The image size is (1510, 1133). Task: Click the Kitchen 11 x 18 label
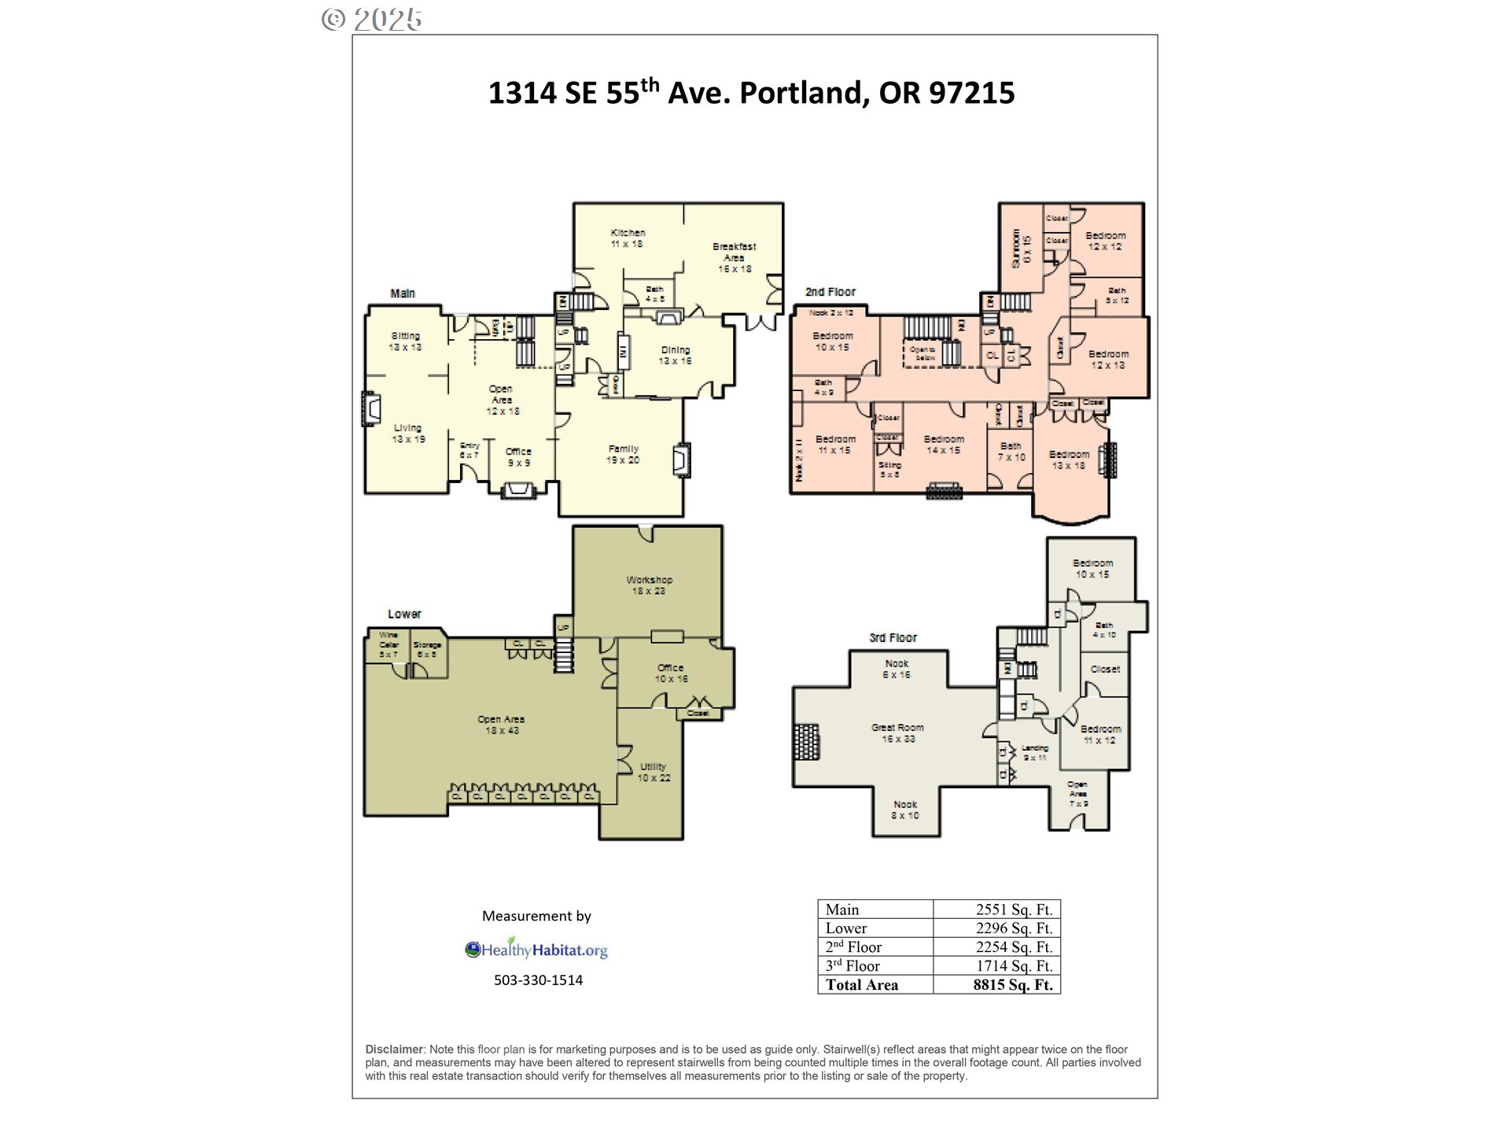coord(628,238)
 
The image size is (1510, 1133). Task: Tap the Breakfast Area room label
coord(734,257)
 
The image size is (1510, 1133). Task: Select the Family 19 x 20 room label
coord(623,454)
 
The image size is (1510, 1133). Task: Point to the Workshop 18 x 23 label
coord(649,585)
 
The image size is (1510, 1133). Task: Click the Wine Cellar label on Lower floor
coord(389,644)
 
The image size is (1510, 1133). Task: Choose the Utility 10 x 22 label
coord(654,772)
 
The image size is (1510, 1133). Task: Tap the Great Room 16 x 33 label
coord(897,733)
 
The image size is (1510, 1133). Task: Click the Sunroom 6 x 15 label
coord(1021,248)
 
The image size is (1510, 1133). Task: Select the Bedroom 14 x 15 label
coord(944,445)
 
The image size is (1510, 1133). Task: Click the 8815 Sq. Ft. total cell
coord(1012,985)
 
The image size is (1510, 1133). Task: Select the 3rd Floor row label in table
coord(853,966)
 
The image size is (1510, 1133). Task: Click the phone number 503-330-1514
coord(538,980)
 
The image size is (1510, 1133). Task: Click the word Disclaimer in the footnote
coord(394,1050)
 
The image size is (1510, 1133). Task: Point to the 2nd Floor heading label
coord(830,292)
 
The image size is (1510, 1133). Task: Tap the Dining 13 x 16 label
coord(675,356)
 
